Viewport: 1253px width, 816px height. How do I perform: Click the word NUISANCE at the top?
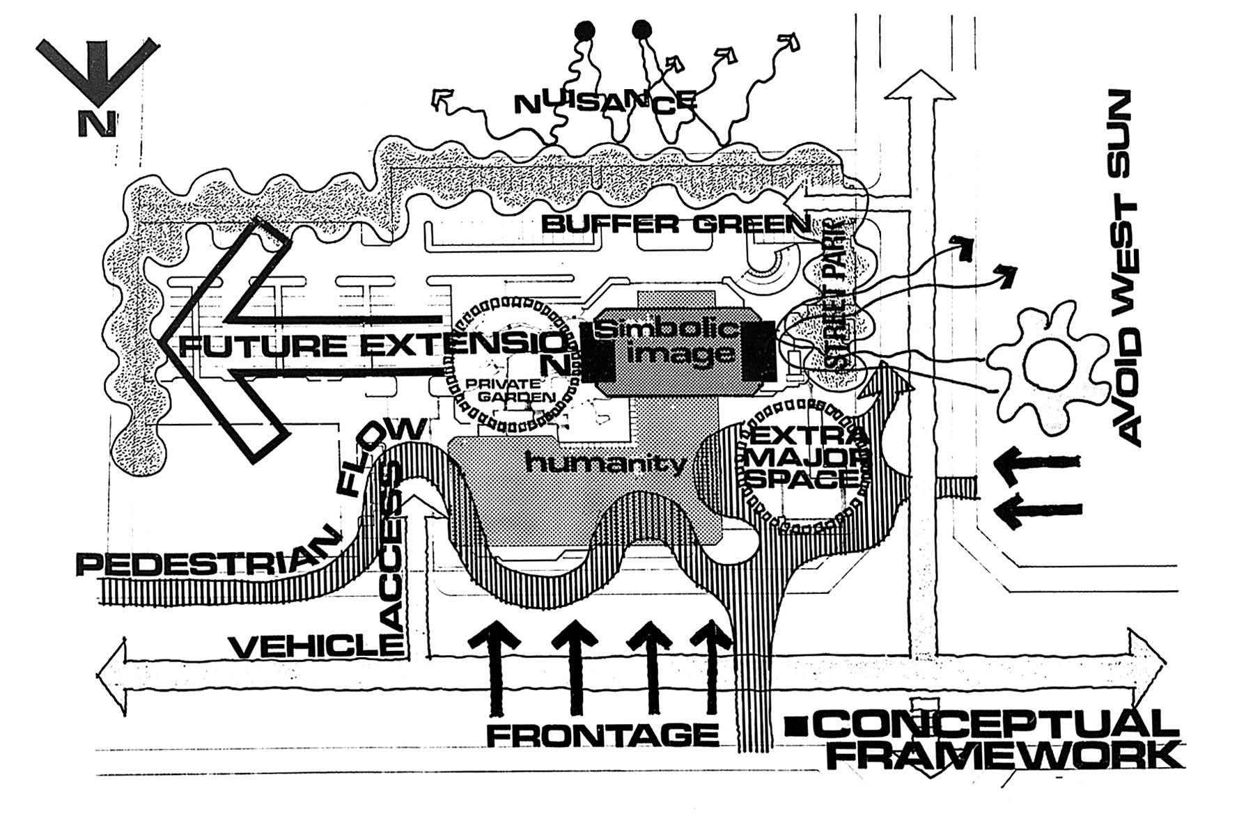[605, 103]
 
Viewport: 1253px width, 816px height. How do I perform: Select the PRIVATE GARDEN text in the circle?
[512, 391]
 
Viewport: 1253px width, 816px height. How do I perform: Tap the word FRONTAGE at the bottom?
[602, 734]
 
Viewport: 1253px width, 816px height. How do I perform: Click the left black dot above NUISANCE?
[585, 31]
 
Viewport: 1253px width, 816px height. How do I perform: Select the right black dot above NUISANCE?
[641, 30]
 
